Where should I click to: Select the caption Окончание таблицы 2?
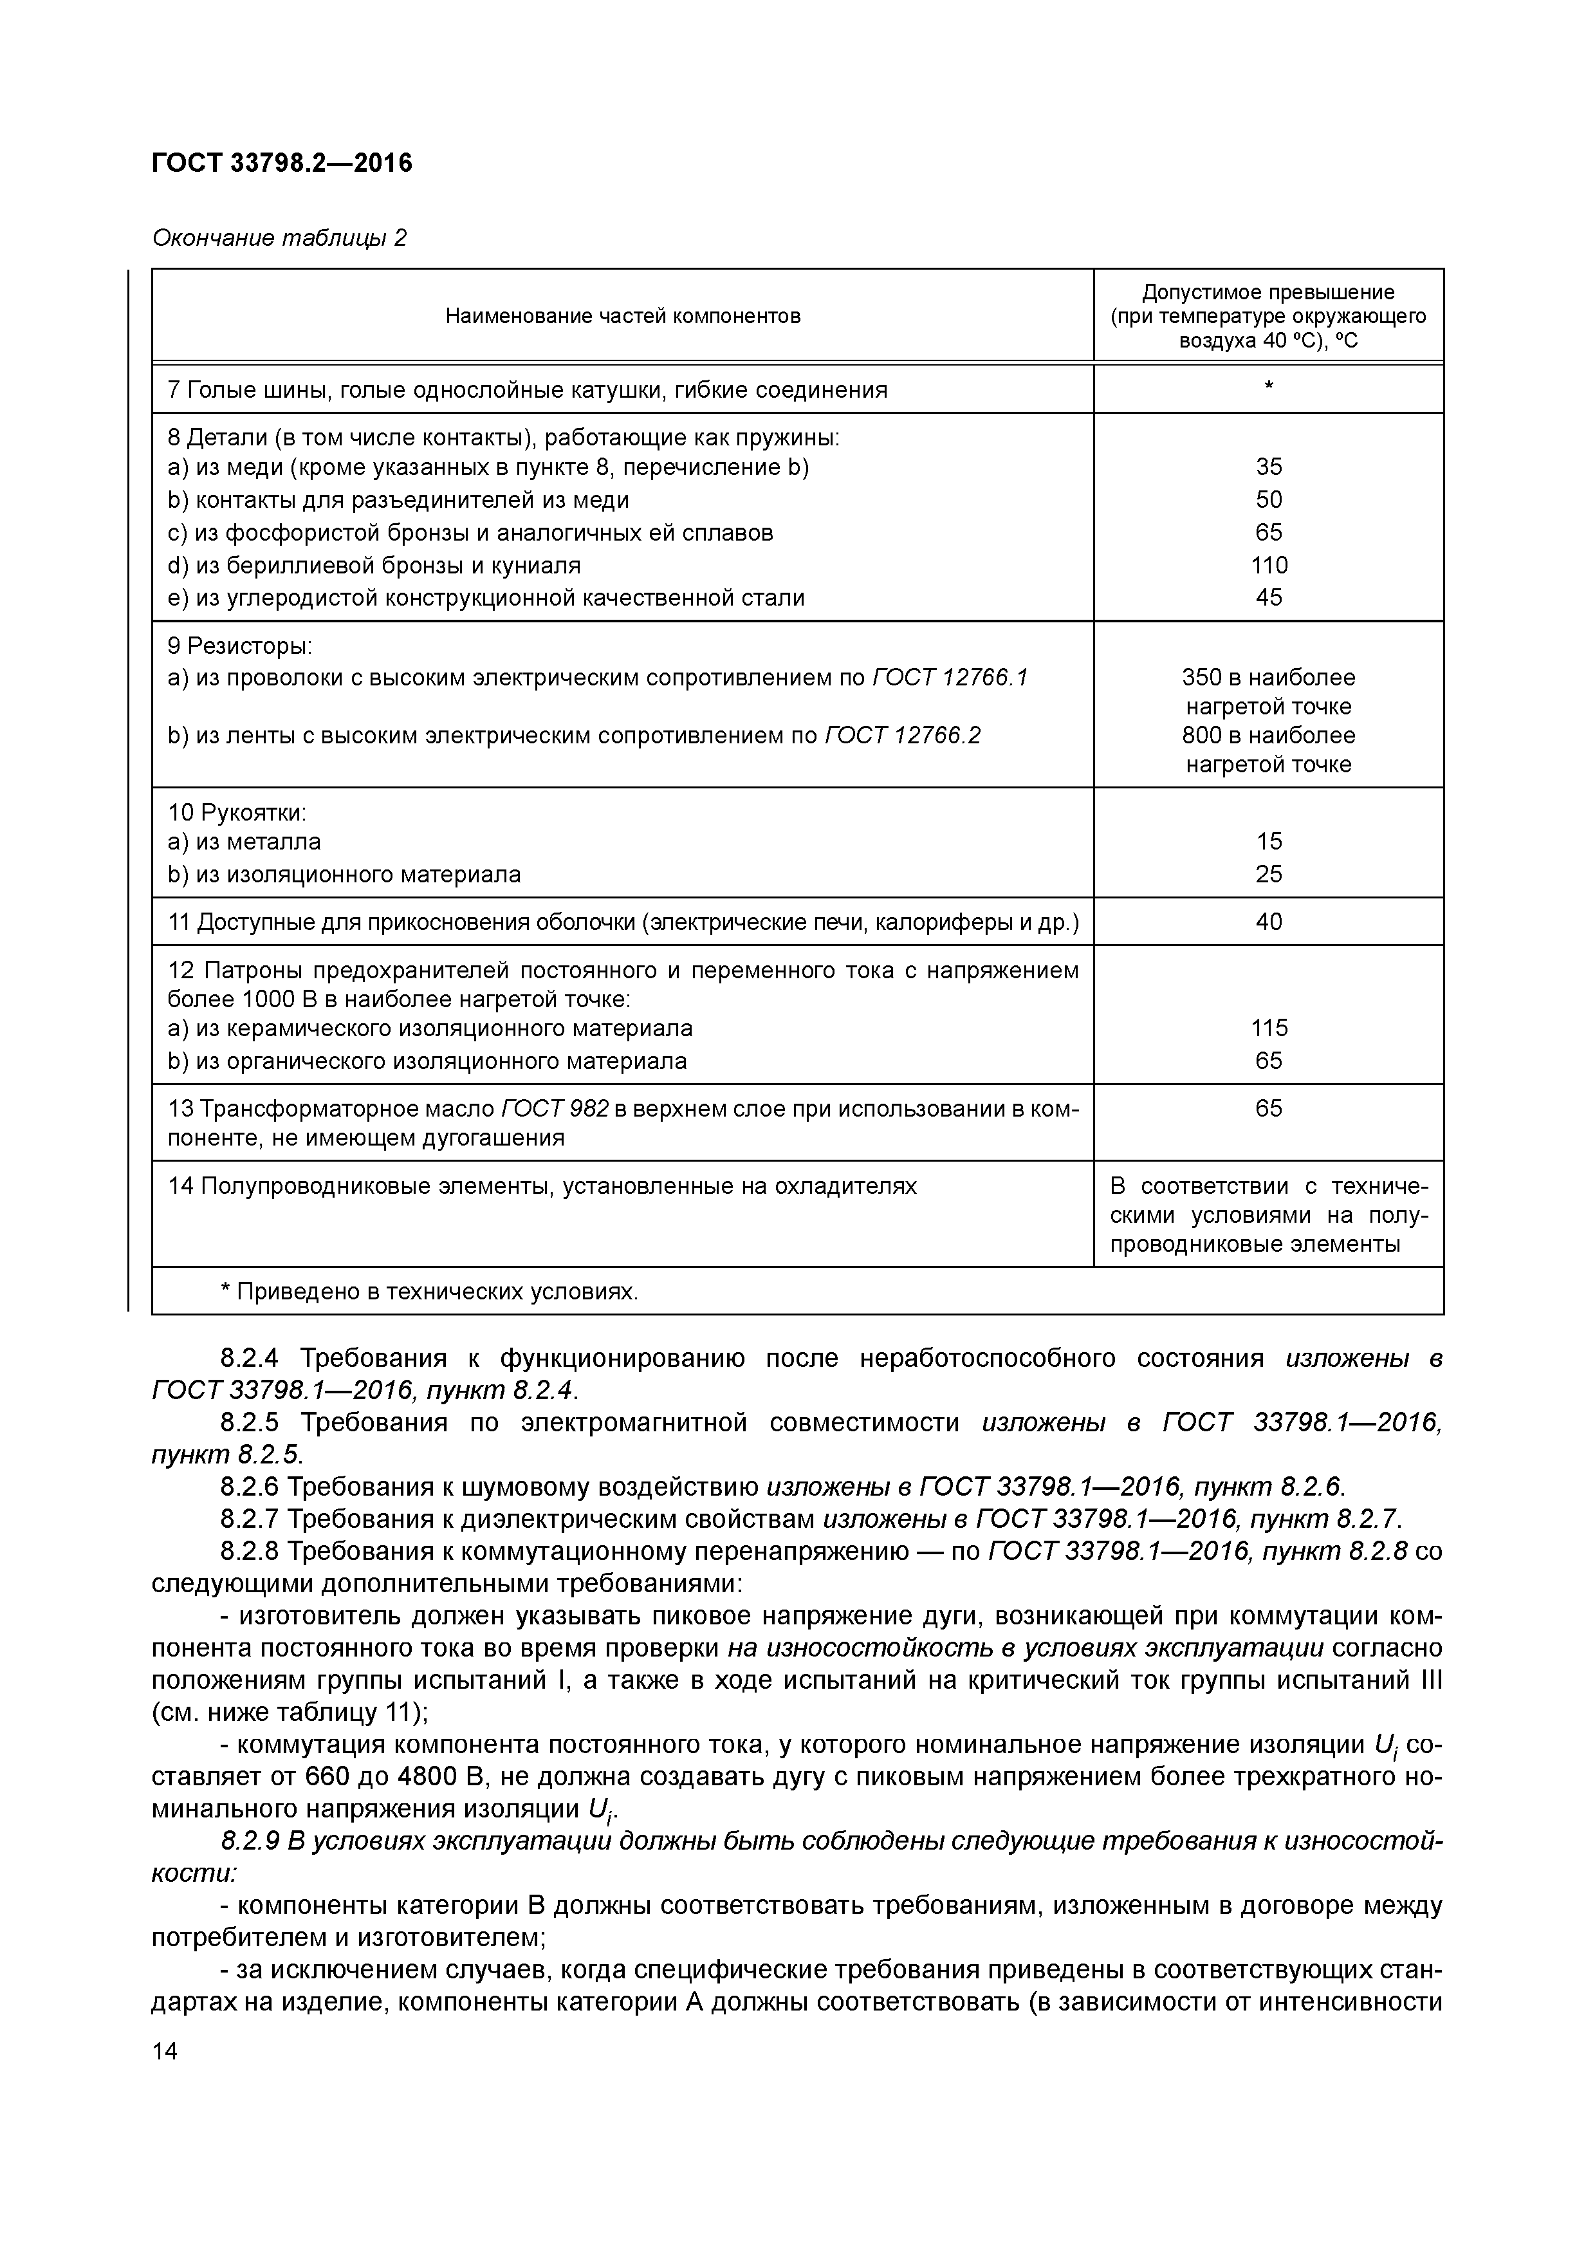coord(279,238)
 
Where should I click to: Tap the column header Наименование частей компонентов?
coord(622,315)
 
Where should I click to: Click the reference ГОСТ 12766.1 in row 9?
coord(949,677)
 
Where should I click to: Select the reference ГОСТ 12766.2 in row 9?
coord(902,736)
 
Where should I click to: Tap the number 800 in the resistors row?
coord(1202,736)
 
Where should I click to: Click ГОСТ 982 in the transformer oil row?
coord(555,1109)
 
